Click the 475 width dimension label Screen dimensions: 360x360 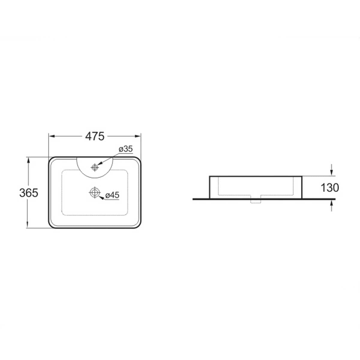click(x=95, y=136)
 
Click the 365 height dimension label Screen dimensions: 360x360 click(x=29, y=193)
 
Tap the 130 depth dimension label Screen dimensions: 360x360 click(x=330, y=188)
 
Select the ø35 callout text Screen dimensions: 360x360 click(x=126, y=149)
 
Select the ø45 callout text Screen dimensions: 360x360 click(x=112, y=195)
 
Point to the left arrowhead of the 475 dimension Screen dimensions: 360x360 click(x=51, y=136)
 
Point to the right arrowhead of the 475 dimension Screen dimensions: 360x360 click(x=138, y=136)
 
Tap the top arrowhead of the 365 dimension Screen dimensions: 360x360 click(x=28, y=160)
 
